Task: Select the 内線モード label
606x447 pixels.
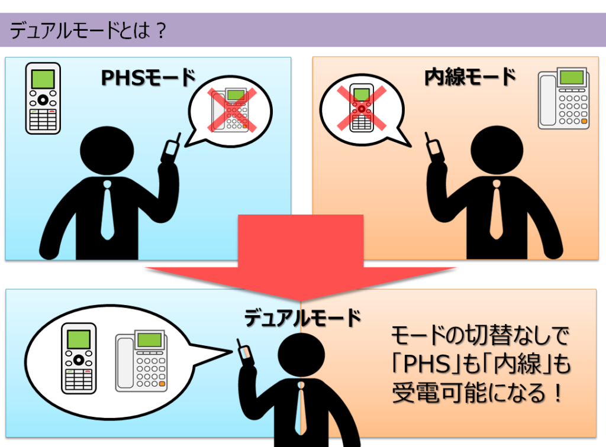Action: click(470, 77)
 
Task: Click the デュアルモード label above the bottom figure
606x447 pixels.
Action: click(302, 318)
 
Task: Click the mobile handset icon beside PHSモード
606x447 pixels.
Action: click(43, 98)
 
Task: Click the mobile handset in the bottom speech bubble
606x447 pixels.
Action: click(79, 358)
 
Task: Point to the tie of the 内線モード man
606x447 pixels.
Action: click(496, 209)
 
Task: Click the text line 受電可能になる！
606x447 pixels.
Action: click(477, 393)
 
